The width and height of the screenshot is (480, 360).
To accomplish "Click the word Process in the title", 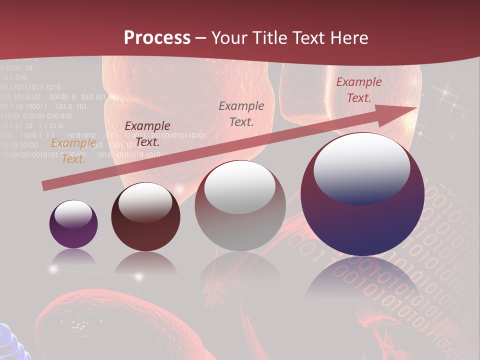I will click(157, 38).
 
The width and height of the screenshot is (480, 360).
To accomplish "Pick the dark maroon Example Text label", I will click(147, 133).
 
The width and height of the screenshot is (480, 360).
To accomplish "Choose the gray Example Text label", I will click(241, 113).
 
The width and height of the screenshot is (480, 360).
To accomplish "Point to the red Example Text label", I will click(358, 90).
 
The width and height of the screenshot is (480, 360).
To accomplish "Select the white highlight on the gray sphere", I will click(240, 186).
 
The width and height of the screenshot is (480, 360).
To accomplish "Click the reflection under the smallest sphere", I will click(73, 257).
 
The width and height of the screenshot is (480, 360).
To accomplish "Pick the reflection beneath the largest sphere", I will click(362, 280).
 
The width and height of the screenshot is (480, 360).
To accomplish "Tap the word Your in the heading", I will click(230, 38).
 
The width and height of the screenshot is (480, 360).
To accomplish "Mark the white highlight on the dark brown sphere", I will click(145, 201).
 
